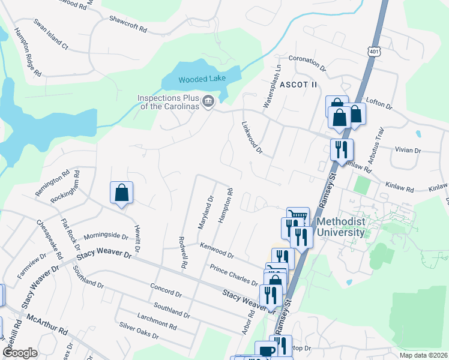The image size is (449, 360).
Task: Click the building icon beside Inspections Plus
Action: [208, 101]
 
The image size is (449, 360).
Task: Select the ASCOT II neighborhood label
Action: [298, 85]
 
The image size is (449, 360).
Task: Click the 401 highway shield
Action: [374, 52]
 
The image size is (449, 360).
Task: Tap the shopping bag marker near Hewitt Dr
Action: [121, 193]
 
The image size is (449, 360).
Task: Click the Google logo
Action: [20, 353]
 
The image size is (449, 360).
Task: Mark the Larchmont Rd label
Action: [156, 319]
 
